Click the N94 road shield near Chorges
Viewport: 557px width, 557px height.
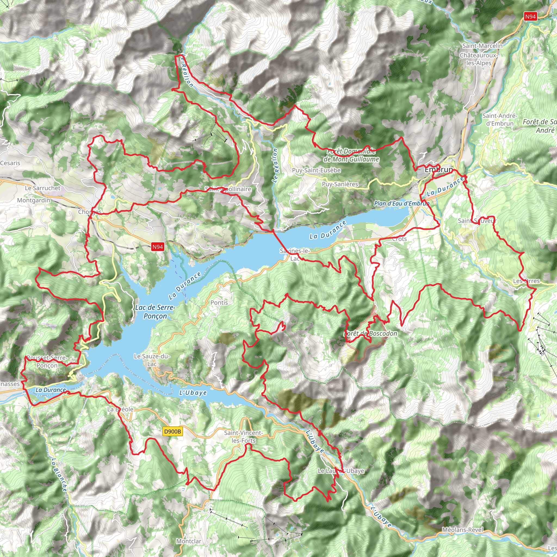tap(158, 246)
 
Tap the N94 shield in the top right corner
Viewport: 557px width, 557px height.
tap(530, 17)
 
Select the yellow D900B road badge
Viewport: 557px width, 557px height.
tap(172, 431)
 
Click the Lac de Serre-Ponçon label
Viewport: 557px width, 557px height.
tap(155, 312)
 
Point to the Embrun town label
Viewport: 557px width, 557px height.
tap(438, 169)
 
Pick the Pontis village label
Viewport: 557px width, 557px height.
tap(219, 302)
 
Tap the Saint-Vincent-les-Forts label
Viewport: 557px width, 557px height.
tap(244, 437)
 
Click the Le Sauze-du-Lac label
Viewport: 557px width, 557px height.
tap(152, 360)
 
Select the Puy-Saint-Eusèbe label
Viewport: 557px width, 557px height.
tap(316, 170)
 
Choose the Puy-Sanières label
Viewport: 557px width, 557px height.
tap(340, 184)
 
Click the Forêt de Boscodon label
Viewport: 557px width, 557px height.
tap(371, 333)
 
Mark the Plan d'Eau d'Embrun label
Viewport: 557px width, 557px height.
tap(402, 203)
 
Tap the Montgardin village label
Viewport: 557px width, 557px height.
tap(33, 200)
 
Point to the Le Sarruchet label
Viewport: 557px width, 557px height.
tap(43, 188)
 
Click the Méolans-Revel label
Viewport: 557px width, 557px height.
tap(462, 530)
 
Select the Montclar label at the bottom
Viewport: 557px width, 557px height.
tap(189, 541)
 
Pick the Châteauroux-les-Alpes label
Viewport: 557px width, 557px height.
tap(479, 59)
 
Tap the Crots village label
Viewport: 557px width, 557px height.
tap(399, 239)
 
